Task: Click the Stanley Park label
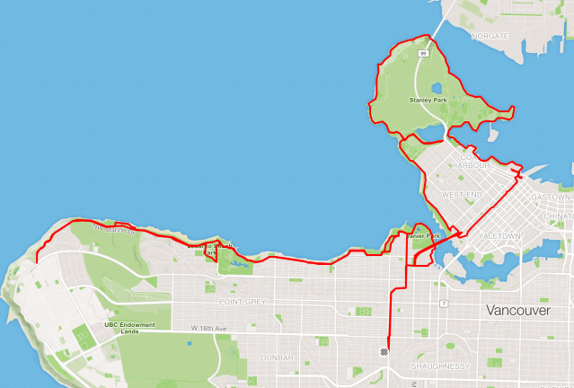tap(428, 100)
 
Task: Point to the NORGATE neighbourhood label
tap(490, 36)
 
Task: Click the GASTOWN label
tap(550, 197)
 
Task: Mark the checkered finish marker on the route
tap(384, 352)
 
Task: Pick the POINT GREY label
tap(242, 302)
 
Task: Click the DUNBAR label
tap(276, 357)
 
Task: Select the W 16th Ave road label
tap(208, 330)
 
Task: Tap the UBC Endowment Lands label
tap(130, 328)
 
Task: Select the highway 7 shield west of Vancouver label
tap(443, 304)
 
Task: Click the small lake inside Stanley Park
tap(437, 89)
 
